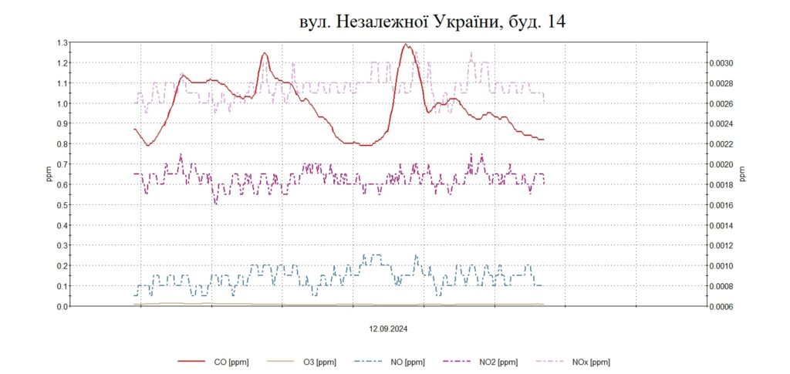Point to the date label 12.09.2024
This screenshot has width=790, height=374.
pyautogui.click(x=387, y=328)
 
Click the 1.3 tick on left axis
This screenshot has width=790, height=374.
pyautogui.click(x=62, y=42)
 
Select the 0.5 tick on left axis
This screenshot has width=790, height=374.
pyautogui.click(x=62, y=204)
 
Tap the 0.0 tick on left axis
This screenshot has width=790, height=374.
pyautogui.click(x=62, y=306)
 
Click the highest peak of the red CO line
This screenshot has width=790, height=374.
pyautogui.click(x=406, y=45)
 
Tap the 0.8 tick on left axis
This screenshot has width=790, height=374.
pyautogui.click(x=62, y=144)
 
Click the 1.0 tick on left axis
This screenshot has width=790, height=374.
pyautogui.click(x=62, y=103)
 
